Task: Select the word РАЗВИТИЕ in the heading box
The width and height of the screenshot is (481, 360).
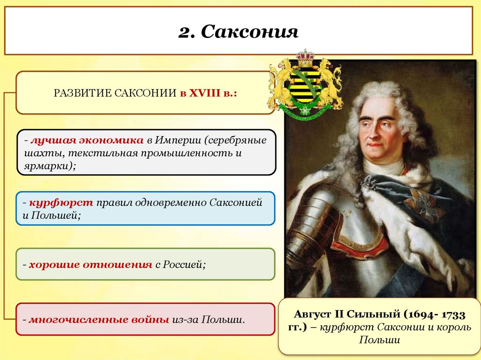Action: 81,93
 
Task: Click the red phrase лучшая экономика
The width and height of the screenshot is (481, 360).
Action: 87,141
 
